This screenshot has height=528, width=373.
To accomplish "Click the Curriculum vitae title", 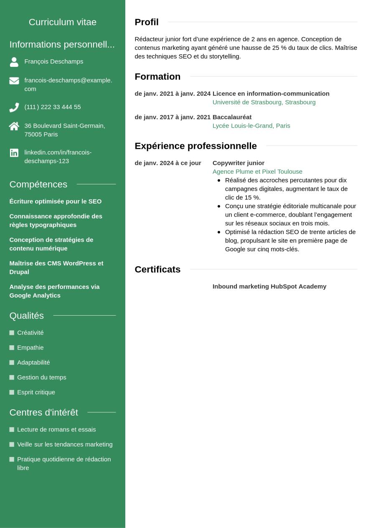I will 63,22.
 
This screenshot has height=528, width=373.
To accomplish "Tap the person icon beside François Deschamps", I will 14,62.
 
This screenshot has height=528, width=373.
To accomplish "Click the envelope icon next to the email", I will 14,81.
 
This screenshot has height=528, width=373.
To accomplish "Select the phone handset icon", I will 14,107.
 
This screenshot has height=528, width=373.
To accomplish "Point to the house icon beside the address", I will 14,126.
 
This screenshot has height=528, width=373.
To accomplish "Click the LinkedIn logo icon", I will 14,153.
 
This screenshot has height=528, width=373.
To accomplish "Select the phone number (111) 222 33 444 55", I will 53,107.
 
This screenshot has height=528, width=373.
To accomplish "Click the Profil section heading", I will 147,22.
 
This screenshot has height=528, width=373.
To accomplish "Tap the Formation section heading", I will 157,77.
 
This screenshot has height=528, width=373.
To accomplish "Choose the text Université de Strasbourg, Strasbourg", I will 264,102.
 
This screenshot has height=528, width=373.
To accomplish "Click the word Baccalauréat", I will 232,117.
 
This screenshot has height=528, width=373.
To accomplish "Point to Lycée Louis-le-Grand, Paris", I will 251,126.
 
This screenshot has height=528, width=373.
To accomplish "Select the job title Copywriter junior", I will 239,163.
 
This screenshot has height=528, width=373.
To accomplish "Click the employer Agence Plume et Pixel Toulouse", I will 257,172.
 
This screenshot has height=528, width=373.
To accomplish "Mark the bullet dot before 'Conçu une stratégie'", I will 219,206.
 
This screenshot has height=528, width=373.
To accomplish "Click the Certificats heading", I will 157,270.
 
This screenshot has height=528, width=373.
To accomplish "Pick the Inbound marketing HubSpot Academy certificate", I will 269,286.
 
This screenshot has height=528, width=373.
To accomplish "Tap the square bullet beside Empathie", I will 12,348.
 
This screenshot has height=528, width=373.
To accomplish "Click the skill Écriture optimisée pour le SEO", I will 56,202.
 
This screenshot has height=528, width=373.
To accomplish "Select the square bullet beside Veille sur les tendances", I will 12,444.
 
